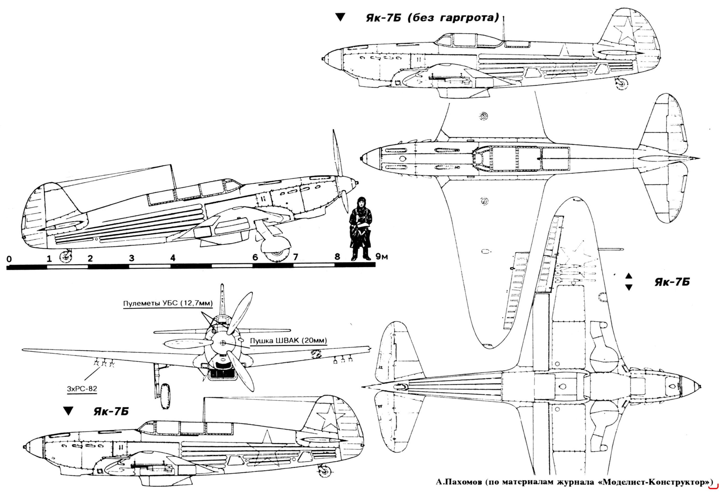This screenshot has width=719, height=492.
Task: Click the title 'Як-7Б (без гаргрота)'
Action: pyautogui.click(x=433, y=18)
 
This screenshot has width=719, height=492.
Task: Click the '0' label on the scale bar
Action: pyautogui.click(x=9, y=259)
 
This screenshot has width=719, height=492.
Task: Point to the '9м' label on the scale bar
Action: pyautogui.click(x=382, y=257)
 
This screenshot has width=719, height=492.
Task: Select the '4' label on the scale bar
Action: pyautogui.click(x=173, y=258)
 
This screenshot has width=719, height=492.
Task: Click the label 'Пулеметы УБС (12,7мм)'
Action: pyautogui.click(x=168, y=303)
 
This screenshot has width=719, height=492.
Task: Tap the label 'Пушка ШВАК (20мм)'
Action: pyautogui.click(x=288, y=341)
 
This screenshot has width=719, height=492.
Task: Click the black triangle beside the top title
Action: pyautogui.click(x=340, y=17)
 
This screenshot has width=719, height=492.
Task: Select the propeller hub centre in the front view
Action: pyautogui.click(x=223, y=343)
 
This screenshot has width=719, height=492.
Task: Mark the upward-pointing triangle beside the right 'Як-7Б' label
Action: pyautogui.click(x=628, y=276)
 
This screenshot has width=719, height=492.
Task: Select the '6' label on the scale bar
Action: pyautogui.click(x=255, y=257)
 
